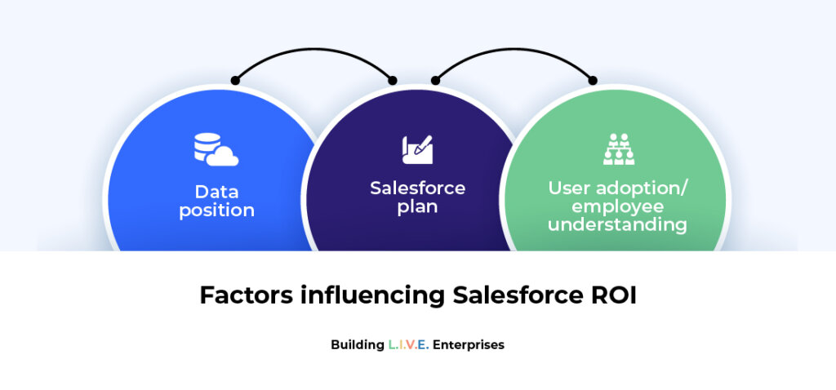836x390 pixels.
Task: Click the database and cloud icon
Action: pyautogui.click(x=216, y=148)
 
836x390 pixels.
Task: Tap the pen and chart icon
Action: pyautogui.click(x=417, y=149)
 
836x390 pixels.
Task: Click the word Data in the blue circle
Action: pyautogui.click(x=216, y=193)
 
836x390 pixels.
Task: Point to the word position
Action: pyautogui.click(x=216, y=211)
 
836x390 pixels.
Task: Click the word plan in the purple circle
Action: pyautogui.click(x=417, y=206)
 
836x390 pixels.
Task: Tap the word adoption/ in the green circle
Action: pyautogui.click(x=648, y=188)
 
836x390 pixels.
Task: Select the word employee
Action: pyautogui.click(x=617, y=206)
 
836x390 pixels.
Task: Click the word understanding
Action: pyautogui.click(x=617, y=224)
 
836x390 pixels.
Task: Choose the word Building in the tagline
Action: pyautogui.click(x=357, y=344)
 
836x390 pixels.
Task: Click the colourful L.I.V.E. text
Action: pyautogui.click(x=408, y=344)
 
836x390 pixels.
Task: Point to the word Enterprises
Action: pyautogui.click(x=469, y=344)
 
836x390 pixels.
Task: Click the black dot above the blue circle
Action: pyautogui.click(x=235, y=80)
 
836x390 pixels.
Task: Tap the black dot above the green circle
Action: pyautogui.click(x=593, y=80)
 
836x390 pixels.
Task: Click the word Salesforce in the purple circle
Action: pyautogui.click(x=417, y=188)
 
